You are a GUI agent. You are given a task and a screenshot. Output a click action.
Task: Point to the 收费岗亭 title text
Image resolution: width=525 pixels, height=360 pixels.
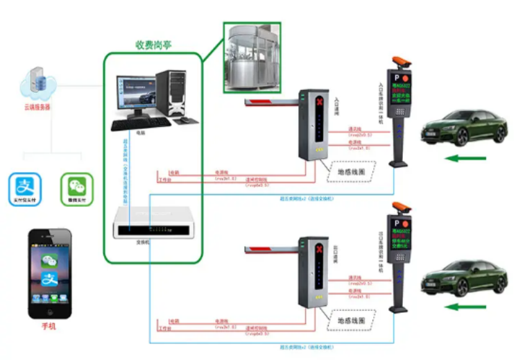point(153,45)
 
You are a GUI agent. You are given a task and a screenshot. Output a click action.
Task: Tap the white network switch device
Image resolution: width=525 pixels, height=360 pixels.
point(148,223)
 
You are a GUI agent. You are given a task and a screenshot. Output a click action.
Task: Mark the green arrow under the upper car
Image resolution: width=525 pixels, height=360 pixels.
point(465,158)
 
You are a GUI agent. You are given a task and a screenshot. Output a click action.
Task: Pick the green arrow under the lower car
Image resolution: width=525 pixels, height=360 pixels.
point(465,306)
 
